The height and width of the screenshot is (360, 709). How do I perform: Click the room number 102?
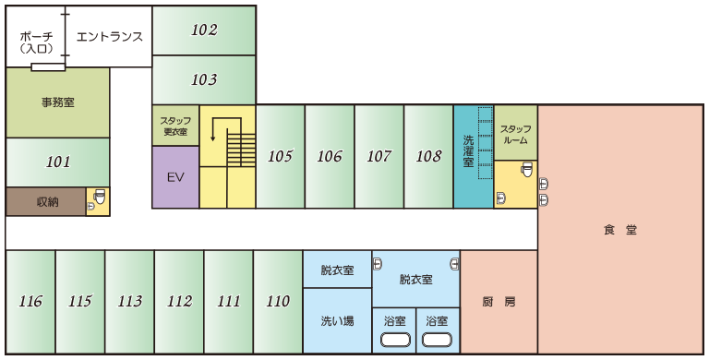pos(204,30)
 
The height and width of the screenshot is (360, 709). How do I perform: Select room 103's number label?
pos(204,80)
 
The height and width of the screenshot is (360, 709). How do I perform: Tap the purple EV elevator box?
pos(175,177)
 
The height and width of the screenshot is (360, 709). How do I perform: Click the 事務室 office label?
pos(58,102)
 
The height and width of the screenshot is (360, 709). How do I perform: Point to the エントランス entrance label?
pos(110,37)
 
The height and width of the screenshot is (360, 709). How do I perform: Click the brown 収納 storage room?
pos(45,202)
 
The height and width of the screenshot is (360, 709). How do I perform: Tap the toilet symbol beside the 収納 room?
pos(100,198)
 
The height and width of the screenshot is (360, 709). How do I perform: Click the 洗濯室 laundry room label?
pos(468,151)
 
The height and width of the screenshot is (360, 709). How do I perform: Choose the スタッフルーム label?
pos(515,135)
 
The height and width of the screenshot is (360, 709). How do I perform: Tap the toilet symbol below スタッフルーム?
pos(527,169)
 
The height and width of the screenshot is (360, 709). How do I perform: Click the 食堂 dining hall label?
pos(620,230)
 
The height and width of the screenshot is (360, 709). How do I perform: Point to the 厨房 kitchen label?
pos(499,302)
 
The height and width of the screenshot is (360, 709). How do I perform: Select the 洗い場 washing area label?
pos(337,321)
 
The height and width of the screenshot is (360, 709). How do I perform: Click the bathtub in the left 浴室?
pos(396,340)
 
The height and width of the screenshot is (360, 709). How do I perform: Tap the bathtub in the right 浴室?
pos(438,340)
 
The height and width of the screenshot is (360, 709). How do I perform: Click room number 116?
pos(30,301)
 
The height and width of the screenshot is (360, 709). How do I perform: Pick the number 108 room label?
pos(428,157)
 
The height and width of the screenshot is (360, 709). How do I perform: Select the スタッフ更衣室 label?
pos(175,126)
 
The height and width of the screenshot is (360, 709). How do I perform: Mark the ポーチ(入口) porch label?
pos(37,42)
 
